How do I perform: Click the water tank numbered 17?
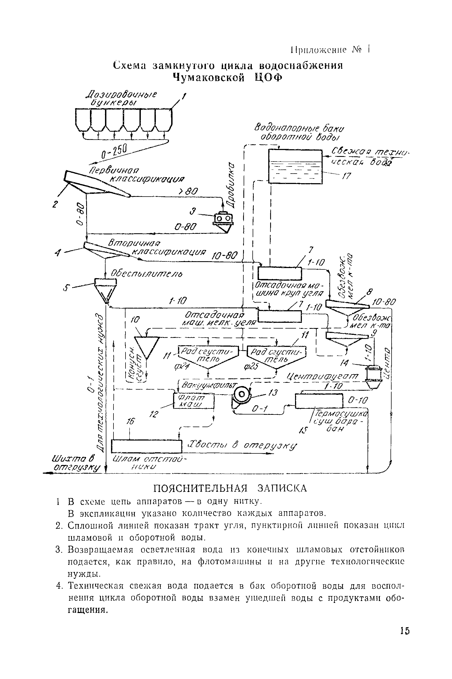point(295,166)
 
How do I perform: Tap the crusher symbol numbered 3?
point(223,220)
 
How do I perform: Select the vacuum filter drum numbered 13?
point(241,394)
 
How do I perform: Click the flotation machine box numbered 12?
point(194,401)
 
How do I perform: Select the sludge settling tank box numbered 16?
point(147,446)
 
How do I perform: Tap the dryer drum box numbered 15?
point(319,401)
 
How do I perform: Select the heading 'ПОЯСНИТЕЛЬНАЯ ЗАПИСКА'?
point(230,488)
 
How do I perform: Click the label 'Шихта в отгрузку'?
point(75,464)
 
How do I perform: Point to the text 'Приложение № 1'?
point(329,50)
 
